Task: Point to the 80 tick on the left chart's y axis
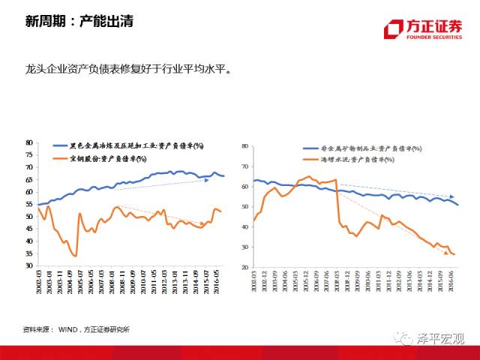coord(31,142)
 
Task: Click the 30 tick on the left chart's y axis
coord(31,265)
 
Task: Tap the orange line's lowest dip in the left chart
coord(76,256)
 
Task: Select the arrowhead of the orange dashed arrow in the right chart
coord(445,253)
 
